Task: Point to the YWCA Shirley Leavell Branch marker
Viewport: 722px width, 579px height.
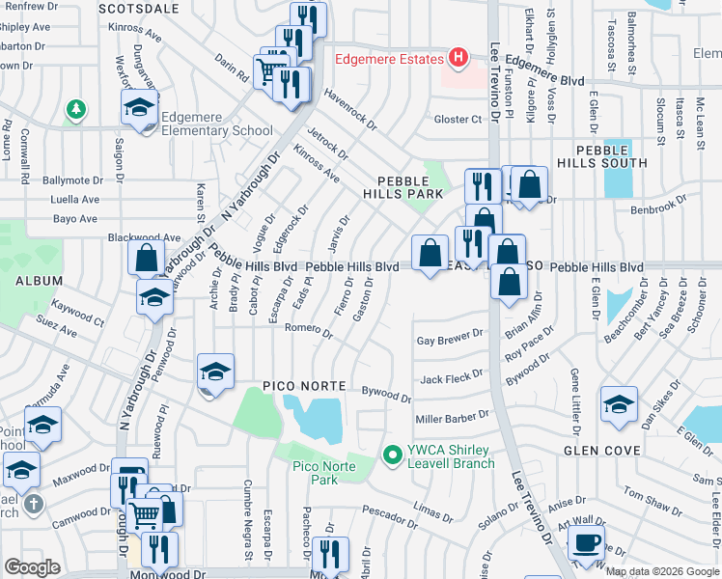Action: [392, 453]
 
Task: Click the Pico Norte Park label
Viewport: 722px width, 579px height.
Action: [325, 475]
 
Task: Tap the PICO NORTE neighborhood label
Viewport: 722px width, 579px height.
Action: [304, 387]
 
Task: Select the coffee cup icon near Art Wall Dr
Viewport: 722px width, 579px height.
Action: [586, 542]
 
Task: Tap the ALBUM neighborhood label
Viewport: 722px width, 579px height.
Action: [39, 281]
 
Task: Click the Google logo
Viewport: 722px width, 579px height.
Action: [33, 566]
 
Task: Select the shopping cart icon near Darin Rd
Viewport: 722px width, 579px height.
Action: [269, 70]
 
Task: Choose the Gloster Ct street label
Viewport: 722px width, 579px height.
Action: [458, 120]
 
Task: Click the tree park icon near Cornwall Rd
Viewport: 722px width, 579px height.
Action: [75, 111]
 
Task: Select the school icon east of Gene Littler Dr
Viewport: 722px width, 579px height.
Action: [619, 404]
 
